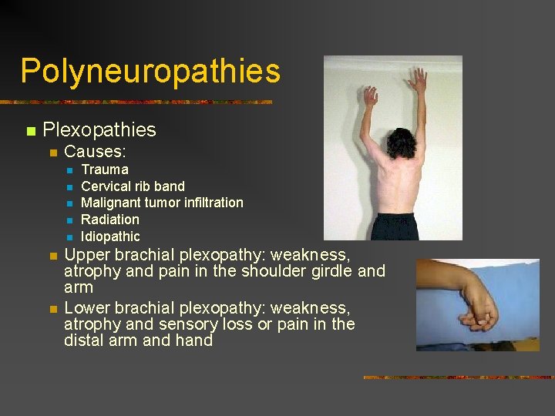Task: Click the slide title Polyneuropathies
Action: (150, 71)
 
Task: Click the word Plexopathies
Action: (99, 130)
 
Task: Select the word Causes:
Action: (95, 152)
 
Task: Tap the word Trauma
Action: (105, 169)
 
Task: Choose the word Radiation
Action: (110, 220)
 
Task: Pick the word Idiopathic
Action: (110, 237)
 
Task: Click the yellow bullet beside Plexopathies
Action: (30, 131)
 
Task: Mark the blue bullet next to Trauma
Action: (69, 170)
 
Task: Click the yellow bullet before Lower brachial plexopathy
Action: (52, 309)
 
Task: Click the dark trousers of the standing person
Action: (396, 226)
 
